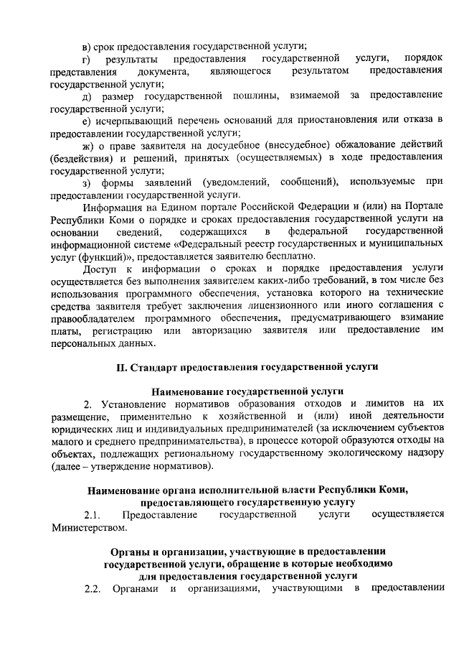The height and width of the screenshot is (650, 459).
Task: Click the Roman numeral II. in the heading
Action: tap(121, 368)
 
